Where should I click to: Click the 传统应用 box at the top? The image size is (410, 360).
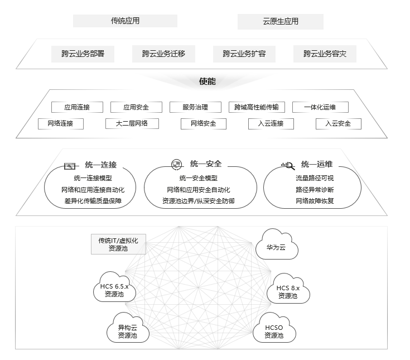coord(125,21)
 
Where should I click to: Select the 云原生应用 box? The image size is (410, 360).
coord(280,22)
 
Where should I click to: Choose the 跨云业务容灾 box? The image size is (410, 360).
coord(325,54)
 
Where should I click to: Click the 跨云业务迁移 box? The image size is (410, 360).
coord(163,54)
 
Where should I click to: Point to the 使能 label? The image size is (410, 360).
coord(207,81)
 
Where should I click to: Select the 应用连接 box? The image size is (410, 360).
coord(76,107)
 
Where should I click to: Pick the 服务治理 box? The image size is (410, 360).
coord(195,107)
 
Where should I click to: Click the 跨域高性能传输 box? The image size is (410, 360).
coord(257,107)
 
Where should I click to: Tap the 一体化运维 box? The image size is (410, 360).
coord(319,107)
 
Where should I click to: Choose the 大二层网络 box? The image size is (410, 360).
coord(132,123)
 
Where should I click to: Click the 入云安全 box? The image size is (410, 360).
coord(338,123)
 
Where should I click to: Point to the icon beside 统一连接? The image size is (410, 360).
coord(70,166)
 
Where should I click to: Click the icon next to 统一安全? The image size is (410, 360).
coord(176,164)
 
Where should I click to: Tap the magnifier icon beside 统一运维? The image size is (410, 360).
coord(287,165)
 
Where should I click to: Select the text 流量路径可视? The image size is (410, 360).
coord(315,179)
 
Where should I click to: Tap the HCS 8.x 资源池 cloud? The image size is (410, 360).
coord(288,290)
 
